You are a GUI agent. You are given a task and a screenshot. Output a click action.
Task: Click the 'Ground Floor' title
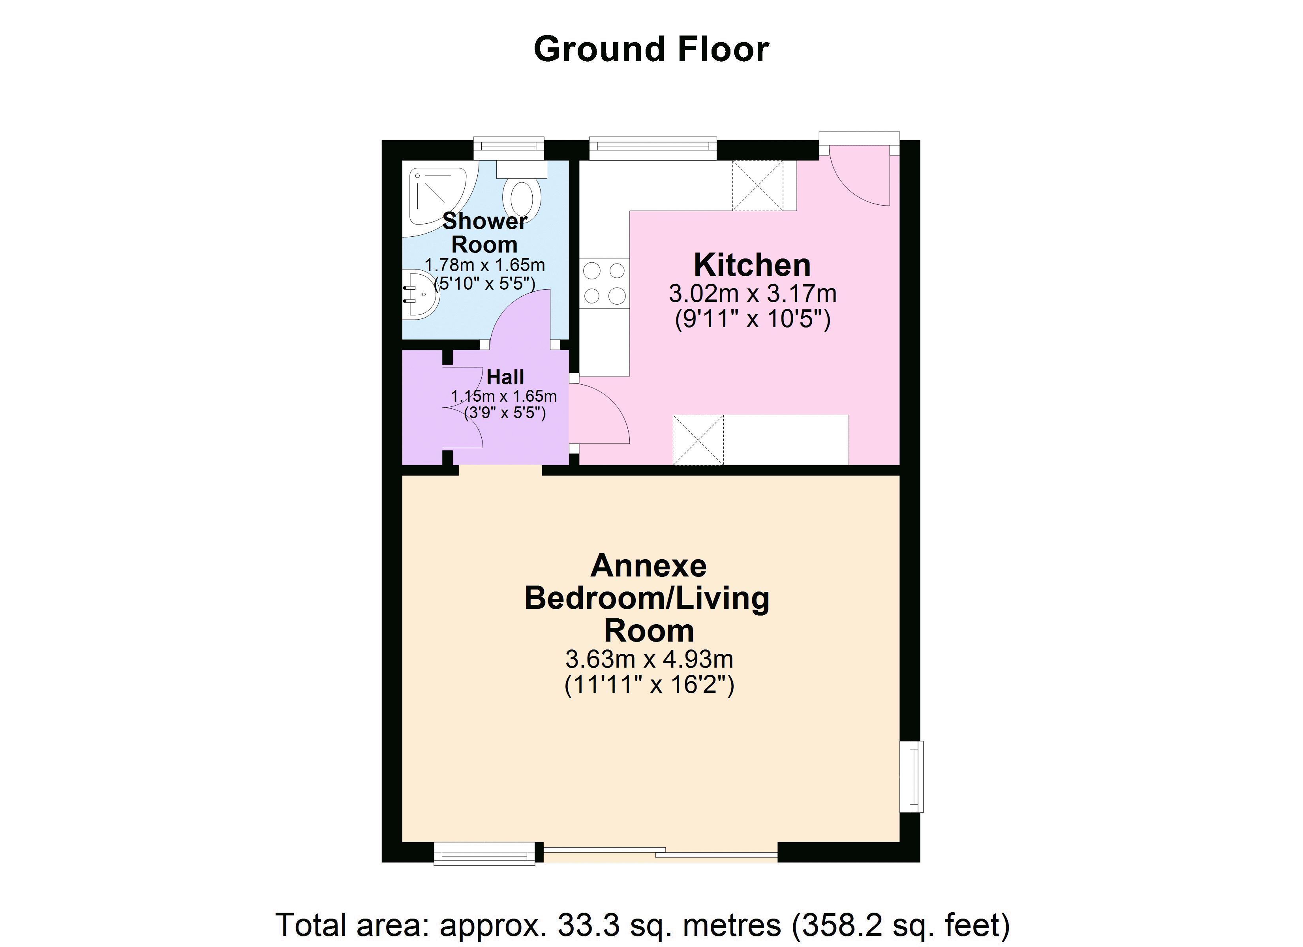651,49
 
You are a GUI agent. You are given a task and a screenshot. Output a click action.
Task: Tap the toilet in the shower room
522,189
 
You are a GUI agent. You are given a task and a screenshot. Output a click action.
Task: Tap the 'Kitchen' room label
752,265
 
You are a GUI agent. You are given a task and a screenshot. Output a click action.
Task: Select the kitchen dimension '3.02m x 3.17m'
752,294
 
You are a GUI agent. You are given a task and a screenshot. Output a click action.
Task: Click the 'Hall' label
505,377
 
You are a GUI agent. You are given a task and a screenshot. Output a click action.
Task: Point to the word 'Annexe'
649,566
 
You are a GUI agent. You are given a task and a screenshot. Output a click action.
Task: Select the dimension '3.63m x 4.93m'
649,659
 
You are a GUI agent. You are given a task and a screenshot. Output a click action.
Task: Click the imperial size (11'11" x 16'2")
649,685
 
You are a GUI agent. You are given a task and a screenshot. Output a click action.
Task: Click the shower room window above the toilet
509,148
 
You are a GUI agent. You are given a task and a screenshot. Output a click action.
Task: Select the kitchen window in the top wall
653,148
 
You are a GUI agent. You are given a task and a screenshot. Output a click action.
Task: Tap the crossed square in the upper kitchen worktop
757,185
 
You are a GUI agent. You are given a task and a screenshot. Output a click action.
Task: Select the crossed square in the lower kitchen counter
698,439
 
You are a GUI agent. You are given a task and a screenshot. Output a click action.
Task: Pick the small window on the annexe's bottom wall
485,853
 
